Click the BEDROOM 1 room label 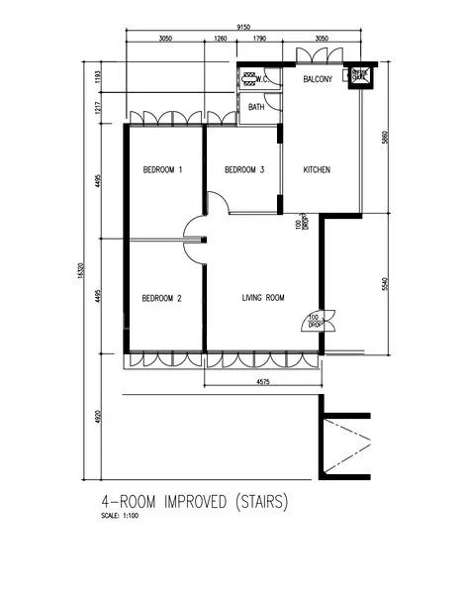[162, 170]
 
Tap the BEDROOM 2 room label [161, 298]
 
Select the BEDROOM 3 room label [244, 170]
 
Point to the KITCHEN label [317, 170]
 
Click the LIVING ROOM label [263, 298]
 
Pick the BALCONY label [318, 78]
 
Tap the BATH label [256, 107]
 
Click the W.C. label [264, 77]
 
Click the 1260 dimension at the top [221, 40]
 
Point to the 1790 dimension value [260, 40]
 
